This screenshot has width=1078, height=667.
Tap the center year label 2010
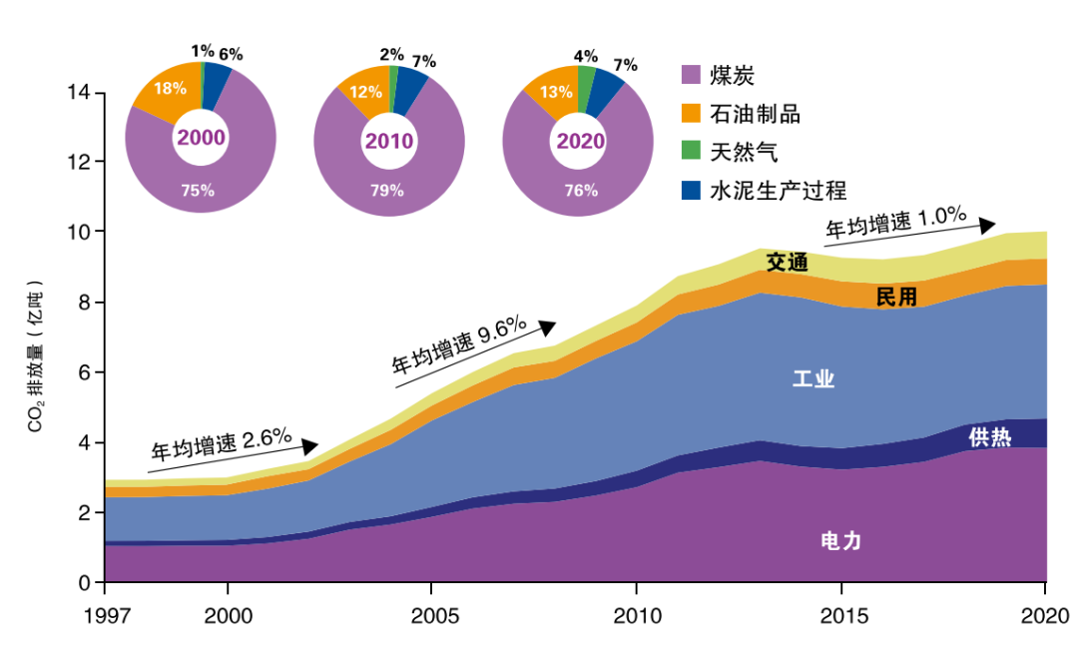click(389, 141)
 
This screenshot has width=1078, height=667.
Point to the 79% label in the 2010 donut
click(389, 190)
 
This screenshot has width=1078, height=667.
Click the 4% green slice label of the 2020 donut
click(586, 56)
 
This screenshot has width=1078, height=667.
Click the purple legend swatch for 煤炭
click(692, 75)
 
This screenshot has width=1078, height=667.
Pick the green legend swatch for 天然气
click(692, 151)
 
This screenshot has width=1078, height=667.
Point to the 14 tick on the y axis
click(79, 93)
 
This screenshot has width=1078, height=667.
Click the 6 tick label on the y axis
click(85, 372)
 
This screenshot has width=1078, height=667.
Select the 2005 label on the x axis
click(432, 612)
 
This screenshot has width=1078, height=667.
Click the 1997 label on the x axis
click(105, 612)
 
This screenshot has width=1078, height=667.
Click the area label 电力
click(840, 542)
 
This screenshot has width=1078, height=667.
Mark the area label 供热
click(989, 437)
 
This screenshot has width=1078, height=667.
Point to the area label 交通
click(787, 263)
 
